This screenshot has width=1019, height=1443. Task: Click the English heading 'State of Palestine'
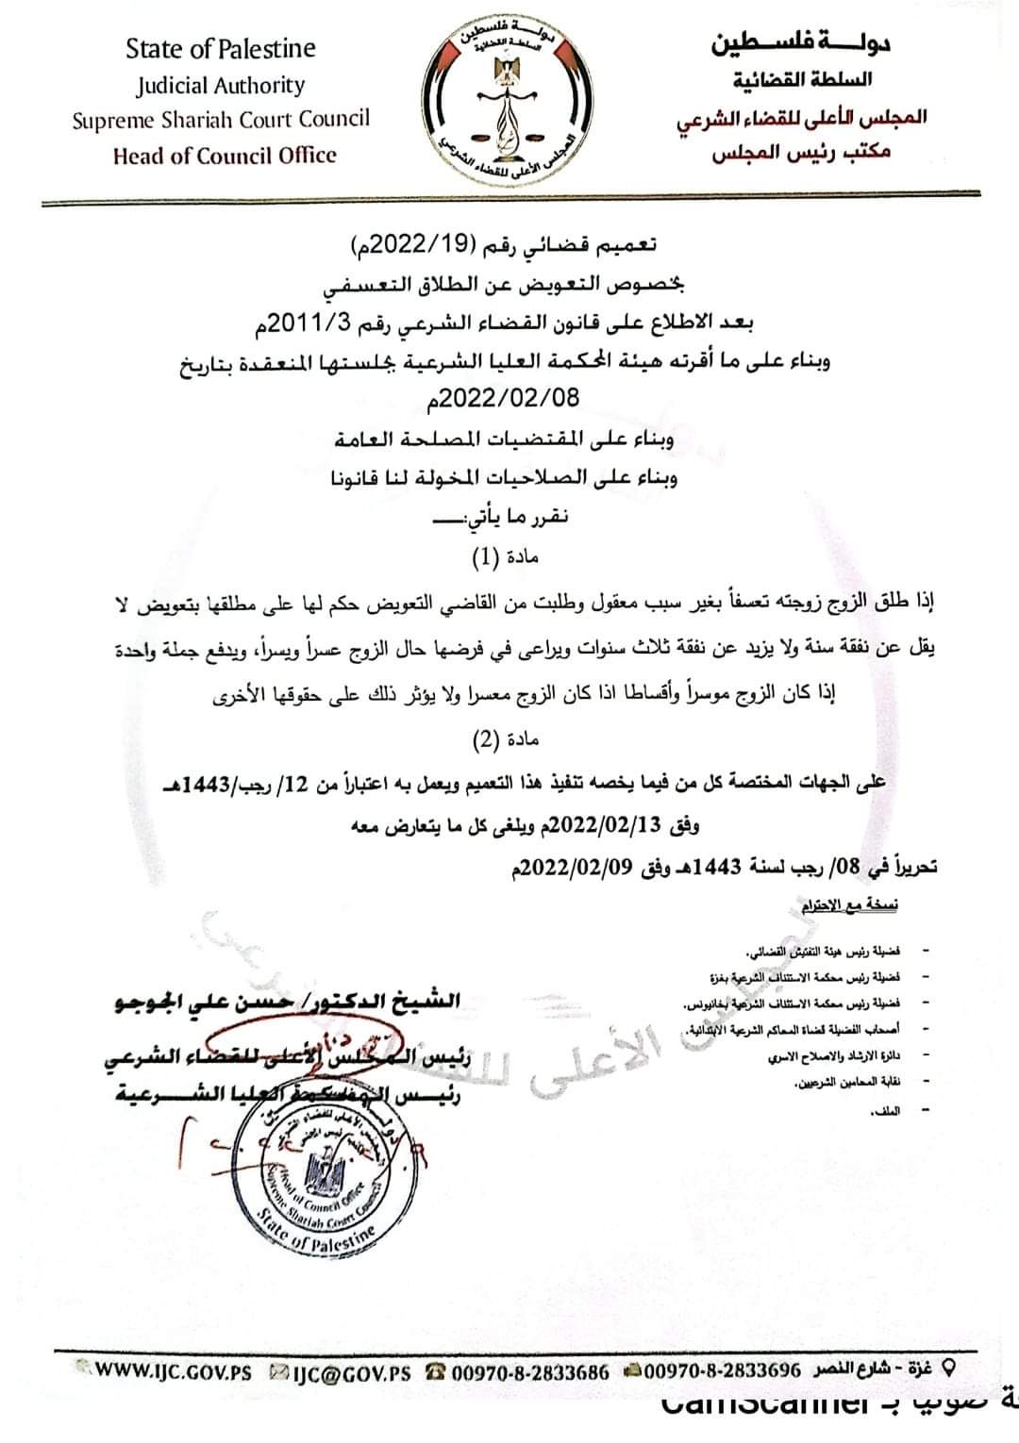pyautogui.click(x=221, y=49)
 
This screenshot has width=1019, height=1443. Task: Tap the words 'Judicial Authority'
pyautogui.click(x=221, y=86)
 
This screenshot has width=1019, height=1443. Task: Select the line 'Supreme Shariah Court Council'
pyautogui.click(x=221, y=120)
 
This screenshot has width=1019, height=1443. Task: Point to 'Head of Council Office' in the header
pyautogui.click(x=224, y=156)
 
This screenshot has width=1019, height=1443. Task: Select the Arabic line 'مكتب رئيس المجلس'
pyautogui.click(x=801, y=153)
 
